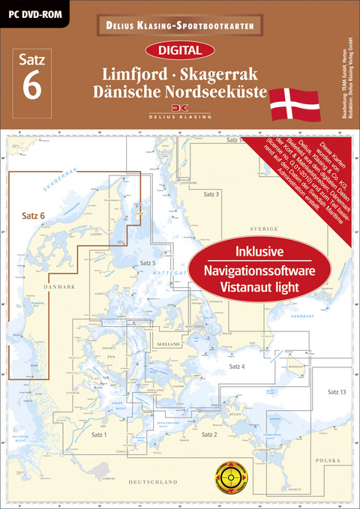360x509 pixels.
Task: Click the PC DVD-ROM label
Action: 36,11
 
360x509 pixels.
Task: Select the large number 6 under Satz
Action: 32,85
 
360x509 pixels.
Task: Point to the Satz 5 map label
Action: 147,263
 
